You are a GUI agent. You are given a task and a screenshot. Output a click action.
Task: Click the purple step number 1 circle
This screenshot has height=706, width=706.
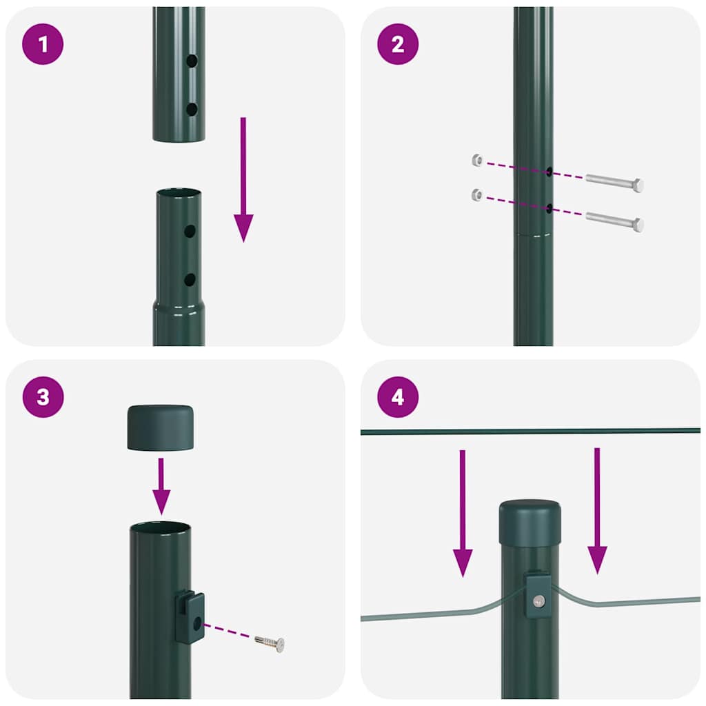(x=43, y=44)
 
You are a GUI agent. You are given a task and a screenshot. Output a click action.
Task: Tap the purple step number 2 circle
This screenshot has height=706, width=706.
(x=398, y=44)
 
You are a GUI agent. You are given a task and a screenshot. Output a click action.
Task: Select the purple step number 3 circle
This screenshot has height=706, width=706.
(x=43, y=397)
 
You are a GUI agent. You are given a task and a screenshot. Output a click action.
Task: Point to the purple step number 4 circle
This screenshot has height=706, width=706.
(x=398, y=397)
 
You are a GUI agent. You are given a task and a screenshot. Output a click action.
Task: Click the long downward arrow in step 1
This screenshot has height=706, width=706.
(x=243, y=179)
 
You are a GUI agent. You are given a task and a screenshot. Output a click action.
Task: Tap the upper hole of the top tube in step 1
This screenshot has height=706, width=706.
(x=192, y=61)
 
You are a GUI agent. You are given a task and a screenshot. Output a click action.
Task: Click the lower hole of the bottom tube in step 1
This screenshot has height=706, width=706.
(x=190, y=280)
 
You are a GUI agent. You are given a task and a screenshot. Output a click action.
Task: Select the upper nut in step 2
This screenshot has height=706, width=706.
(x=476, y=161)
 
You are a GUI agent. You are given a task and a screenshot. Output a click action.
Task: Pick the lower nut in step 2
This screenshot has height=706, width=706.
(x=476, y=194)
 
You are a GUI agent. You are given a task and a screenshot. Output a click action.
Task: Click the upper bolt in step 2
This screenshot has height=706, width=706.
(x=614, y=183)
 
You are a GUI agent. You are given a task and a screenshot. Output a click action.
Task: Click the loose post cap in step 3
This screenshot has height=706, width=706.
(x=161, y=428)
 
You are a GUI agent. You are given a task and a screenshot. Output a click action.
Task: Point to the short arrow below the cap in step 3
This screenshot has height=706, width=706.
(x=161, y=486)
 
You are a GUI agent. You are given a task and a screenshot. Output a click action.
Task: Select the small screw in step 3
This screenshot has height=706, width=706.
(x=271, y=643)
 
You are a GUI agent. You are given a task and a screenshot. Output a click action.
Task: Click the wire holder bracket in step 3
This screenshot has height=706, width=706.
(x=190, y=617)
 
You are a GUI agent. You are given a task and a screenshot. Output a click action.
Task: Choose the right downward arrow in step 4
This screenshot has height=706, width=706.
(x=597, y=510)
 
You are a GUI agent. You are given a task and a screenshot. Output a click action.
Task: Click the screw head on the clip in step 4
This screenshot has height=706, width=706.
(x=538, y=601)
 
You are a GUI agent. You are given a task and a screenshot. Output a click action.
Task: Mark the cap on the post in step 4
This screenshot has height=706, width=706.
(x=529, y=522)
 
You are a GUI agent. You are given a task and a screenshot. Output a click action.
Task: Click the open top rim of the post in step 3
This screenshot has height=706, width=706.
(x=161, y=527)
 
